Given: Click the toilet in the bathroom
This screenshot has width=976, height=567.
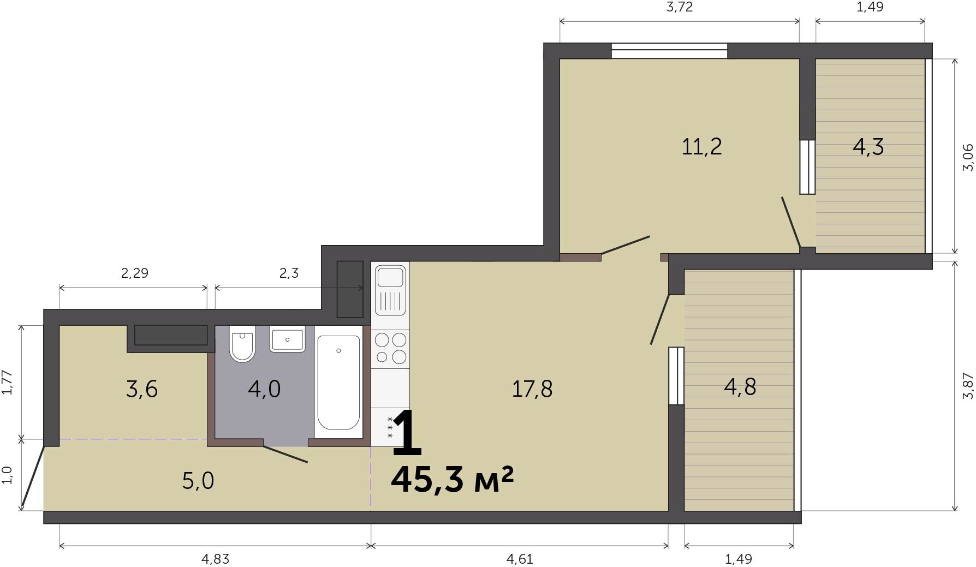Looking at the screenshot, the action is tap(242, 343).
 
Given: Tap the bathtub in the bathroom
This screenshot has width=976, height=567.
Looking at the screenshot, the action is tap(338, 383).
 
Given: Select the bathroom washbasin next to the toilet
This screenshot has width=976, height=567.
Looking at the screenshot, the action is tap(287, 340).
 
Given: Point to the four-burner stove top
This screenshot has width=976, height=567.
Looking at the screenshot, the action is tap(390, 349).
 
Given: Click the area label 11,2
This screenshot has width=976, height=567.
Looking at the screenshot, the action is tap(702, 146).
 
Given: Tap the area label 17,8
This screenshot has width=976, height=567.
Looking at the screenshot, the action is tap(532, 389).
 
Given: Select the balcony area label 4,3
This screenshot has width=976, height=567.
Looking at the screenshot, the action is tap(868, 146).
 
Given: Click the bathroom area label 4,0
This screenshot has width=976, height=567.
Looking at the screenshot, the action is tap(264, 389).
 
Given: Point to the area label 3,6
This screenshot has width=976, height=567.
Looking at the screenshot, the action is tap(142, 389).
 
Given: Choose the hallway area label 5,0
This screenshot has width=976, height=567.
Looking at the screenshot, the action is tap(198, 481).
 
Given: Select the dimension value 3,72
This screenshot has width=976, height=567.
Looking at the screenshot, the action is tap(680, 7).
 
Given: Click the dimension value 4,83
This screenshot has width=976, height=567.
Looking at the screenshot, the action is tap(216, 559).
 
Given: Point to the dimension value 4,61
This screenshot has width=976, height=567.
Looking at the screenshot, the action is tap(520, 559).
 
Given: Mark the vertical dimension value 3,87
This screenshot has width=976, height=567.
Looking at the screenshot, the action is tap(968, 386).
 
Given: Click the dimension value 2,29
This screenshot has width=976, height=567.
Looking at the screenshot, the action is tap(134, 272).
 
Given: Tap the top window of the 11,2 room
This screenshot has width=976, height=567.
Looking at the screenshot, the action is tap(669, 51).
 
